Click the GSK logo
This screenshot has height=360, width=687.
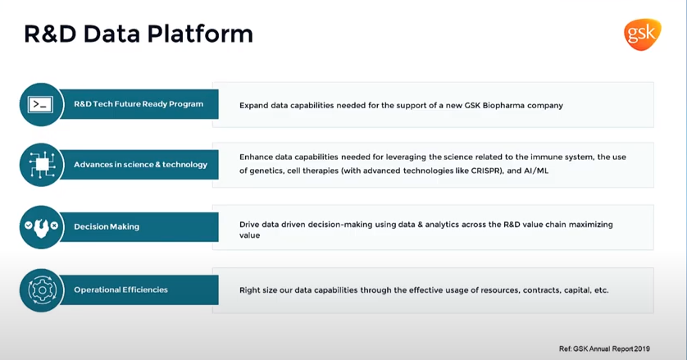click(x=642, y=34)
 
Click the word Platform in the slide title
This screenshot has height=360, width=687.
click(x=199, y=34)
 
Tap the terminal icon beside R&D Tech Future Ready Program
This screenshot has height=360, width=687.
click(x=41, y=104)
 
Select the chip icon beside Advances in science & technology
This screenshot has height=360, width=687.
click(x=41, y=164)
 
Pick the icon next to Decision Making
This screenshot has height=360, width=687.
click(x=41, y=226)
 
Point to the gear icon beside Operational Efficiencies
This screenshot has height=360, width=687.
click(x=41, y=289)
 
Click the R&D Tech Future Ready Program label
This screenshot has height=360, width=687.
click(x=139, y=104)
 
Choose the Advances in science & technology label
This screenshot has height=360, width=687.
click(x=140, y=165)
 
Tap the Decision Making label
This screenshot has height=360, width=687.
click(x=107, y=226)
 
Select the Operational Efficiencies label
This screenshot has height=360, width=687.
click(x=121, y=289)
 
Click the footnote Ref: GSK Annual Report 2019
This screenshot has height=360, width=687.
click(x=603, y=349)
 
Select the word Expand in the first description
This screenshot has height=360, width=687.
click(x=256, y=105)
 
